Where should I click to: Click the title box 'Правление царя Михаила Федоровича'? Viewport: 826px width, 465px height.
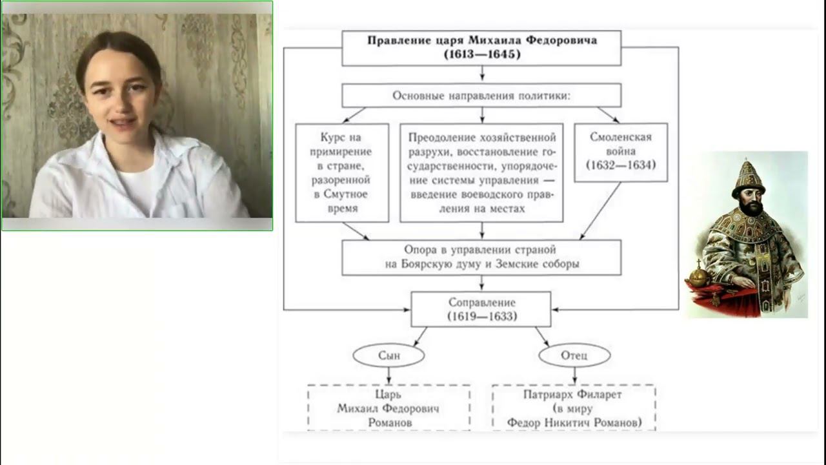(x=481, y=41)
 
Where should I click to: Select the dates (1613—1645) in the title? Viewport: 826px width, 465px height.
(x=481, y=54)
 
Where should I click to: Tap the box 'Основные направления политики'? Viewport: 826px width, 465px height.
(x=481, y=96)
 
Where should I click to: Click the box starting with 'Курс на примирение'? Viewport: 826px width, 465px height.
(x=342, y=172)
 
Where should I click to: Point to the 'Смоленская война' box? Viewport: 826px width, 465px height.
(x=621, y=152)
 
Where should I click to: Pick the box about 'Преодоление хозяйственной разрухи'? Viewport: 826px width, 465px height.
(x=481, y=172)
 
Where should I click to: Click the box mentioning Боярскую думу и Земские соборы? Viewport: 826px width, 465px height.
(x=481, y=257)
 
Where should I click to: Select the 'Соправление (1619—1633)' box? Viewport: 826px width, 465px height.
(x=481, y=309)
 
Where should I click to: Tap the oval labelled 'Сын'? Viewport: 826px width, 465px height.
(x=388, y=355)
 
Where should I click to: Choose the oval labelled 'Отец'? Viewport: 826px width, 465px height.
(x=574, y=355)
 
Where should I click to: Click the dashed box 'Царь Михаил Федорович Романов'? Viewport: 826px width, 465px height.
(x=388, y=408)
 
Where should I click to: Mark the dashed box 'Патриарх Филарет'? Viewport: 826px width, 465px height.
(x=574, y=408)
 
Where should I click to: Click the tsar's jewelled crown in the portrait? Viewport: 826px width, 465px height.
(x=749, y=178)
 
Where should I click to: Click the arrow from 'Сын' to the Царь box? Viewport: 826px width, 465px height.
(x=388, y=376)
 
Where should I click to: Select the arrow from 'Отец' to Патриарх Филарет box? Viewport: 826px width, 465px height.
(x=574, y=376)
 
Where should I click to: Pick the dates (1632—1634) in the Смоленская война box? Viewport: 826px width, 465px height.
(x=621, y=165)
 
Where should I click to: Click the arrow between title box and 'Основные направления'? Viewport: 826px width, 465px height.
(x=481, y=74)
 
